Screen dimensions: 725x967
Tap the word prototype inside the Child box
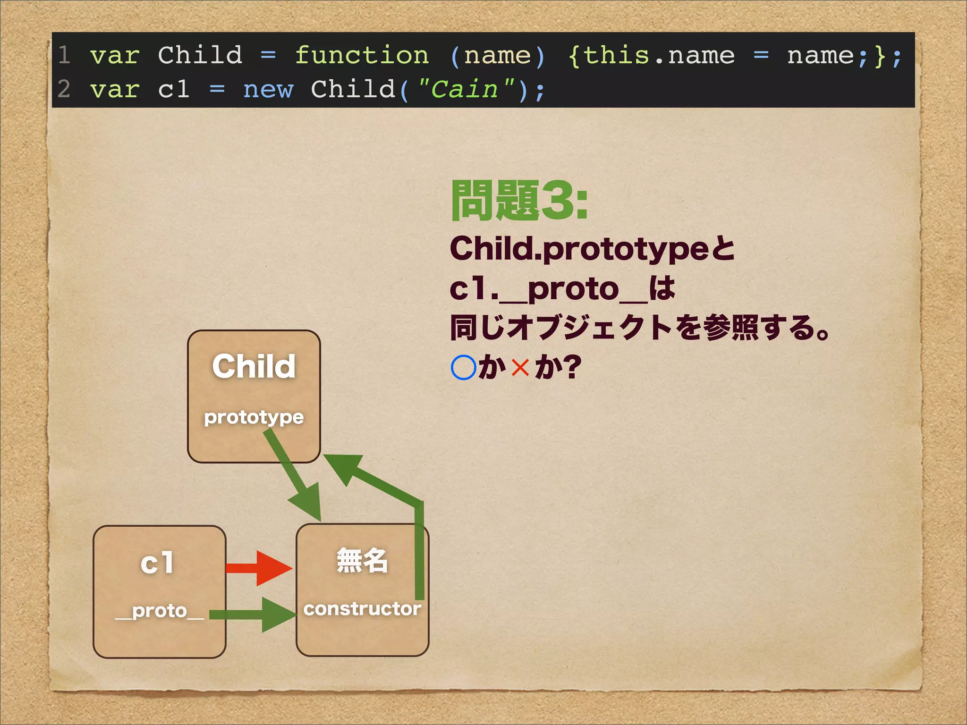point(254,417)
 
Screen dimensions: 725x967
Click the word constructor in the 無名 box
point(362,609)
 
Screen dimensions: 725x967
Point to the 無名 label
point(362,561)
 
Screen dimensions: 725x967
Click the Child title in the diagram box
point(254,366)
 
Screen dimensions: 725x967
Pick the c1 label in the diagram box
point(157,563)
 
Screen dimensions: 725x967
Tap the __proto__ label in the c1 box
point(160,611)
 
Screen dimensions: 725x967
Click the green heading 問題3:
point(519,201)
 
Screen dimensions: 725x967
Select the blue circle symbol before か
point(463,367)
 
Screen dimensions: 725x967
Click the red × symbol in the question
point(520,367)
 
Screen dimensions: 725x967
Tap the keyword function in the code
point(362,56)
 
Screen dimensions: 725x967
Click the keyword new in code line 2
point(268,90)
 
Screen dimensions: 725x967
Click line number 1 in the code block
point(64,56)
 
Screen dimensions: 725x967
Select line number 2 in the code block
point(64,90)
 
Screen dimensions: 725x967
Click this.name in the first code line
point(659,56)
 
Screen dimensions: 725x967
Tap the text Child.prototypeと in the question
point(592,249)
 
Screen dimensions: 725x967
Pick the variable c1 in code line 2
point(174,90)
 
